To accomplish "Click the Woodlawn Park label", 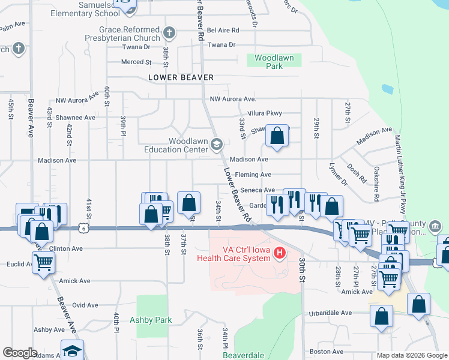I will (x=274, y=62).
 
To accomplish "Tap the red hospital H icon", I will (x=279, y=253).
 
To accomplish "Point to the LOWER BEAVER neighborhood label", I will (x=181, y=77).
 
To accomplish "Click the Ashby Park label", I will (x=151, y=320).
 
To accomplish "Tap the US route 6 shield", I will (x=83, y=227).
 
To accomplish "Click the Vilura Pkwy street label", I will (x=265, y=113).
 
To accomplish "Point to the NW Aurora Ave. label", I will (x=233, y=99).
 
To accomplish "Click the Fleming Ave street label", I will (x=254, y=175).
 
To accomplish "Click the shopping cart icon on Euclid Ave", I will (x=43, y=262).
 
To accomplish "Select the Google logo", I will (x=20, y=353).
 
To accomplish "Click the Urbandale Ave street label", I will (x=330, y=313).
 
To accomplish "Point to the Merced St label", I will (x=135, y=62).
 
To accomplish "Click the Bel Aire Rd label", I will (x=223, y=29).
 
